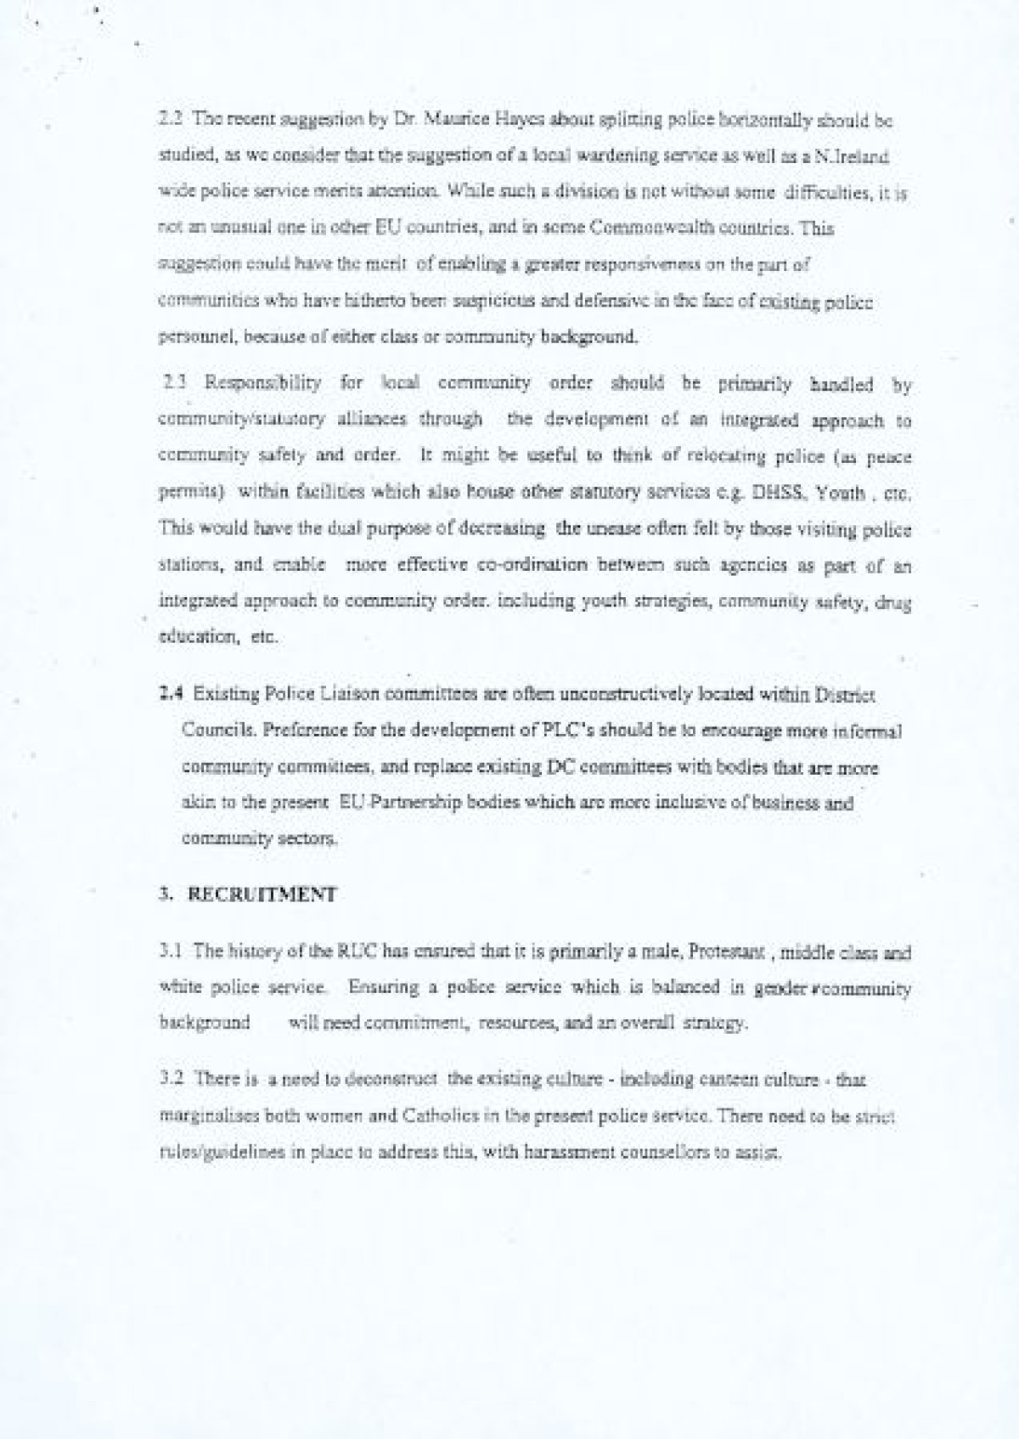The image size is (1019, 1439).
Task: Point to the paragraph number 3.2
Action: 169,1079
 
